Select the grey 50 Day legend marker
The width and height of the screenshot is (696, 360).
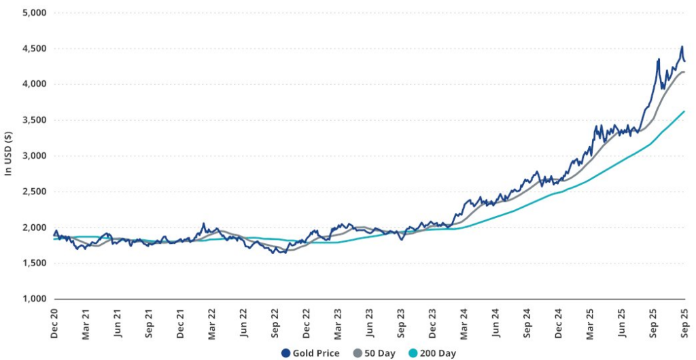point(357,353)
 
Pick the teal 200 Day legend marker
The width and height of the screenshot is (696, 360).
point(413,353)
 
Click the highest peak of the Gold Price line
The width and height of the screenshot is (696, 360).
point(682,47)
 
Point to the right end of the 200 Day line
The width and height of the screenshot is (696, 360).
point(684,111)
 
